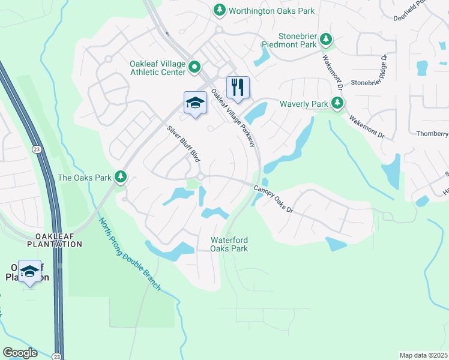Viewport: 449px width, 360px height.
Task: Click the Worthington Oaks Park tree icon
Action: point(220,10)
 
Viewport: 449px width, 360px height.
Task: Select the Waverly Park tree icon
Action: point(338,104)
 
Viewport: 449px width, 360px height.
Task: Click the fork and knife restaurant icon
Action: point(238,87)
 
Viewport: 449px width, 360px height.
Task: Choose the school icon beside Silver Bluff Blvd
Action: point(194,103)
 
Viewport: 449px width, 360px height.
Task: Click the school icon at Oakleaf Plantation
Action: point(29,272)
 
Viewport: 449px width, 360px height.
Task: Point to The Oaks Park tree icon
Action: point(121,176)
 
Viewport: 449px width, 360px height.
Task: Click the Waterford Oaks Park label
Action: point(229,244)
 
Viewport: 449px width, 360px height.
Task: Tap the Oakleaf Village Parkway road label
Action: point(234,118)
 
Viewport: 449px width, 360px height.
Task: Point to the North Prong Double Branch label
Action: point(130,255)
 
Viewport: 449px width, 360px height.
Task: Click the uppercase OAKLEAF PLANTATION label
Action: point(54,240)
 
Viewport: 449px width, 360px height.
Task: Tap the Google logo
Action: point(20,353)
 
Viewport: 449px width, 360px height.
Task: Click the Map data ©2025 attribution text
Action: point(423,355)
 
